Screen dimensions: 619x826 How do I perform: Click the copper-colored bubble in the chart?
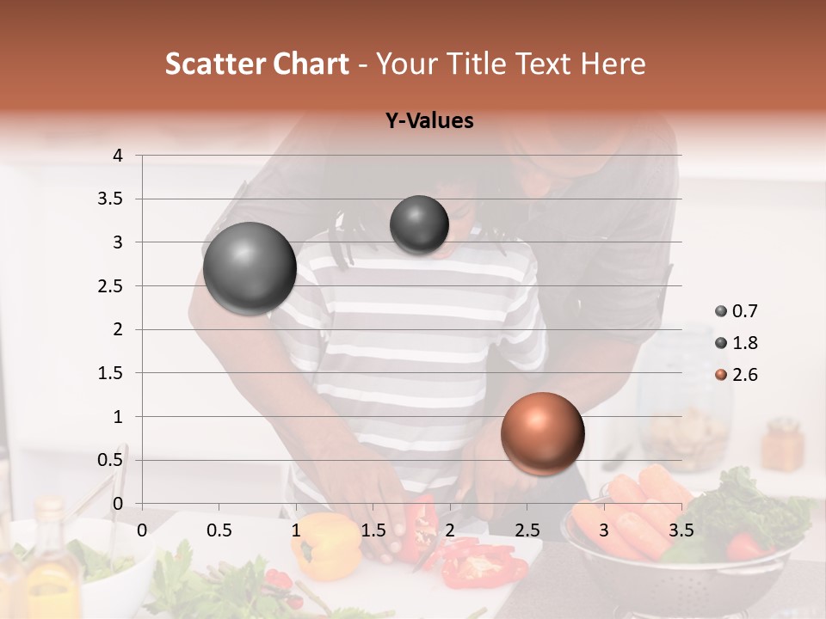pos(542,434)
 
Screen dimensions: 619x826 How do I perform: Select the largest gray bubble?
pos(250,268)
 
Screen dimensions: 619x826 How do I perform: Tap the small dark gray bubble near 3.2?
pos(419,224)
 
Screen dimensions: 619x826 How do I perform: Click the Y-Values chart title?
pos(428,121)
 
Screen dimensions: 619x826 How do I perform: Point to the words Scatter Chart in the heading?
pos(256,64)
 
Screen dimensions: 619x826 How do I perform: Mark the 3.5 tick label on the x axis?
pos(680,529)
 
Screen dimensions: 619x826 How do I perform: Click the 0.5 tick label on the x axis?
pos(219,529)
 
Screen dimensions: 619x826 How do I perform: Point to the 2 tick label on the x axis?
pos(449,529)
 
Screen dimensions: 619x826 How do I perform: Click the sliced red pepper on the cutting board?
pos(482,563)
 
